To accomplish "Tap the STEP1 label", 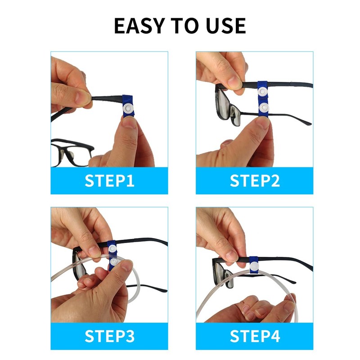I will click(x=109, y=181).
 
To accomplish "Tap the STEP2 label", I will click(x=255, y=181).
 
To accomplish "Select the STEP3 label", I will click(x=109, y=336).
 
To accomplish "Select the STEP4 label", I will click(x=255, y=336).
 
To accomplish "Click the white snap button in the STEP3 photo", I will click(x=115, y=261).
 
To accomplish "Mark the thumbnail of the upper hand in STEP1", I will click(x=82, y=95).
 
